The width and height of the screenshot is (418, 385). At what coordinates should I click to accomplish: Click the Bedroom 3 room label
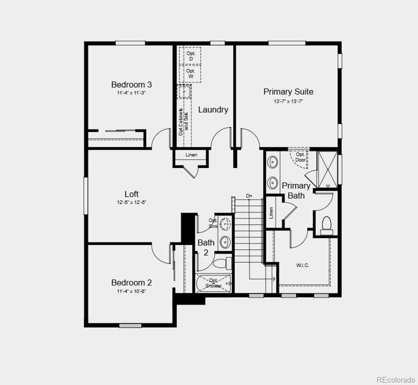(x=131, y=84)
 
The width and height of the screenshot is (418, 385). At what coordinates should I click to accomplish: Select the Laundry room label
(x=213, y=110)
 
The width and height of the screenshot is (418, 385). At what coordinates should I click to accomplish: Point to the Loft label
(x=131, y=194)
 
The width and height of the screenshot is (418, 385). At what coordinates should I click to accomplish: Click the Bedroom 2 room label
(x=131, y=282)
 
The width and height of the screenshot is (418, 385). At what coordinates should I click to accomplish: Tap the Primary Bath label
(x=296, y=191)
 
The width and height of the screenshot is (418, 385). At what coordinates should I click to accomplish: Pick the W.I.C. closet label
(x=303, y=264)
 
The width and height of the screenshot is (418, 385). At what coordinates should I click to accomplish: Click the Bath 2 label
(x=206, y=247)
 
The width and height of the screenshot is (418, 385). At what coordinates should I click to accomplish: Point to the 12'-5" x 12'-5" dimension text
(x=131, y=203)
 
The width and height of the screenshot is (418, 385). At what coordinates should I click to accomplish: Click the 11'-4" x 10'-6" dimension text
(x=131, y=291)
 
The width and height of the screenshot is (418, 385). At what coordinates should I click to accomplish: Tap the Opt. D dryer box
(x=190, y=56)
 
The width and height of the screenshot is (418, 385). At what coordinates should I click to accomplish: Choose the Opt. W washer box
(x=190, y=74)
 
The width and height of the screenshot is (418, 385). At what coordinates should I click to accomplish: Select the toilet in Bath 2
(x=219, y=264)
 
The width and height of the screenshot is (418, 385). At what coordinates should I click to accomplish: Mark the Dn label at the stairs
(x=249, y=196)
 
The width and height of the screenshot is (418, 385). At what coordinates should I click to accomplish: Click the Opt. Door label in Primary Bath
(x=300, y=157)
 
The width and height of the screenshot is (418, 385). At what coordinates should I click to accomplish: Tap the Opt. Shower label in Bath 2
(x=214, y=283)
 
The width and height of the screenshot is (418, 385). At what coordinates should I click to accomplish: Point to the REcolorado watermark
(x=395, y=377)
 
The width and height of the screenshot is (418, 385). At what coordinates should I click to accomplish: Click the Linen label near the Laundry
(x=191, y=155)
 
